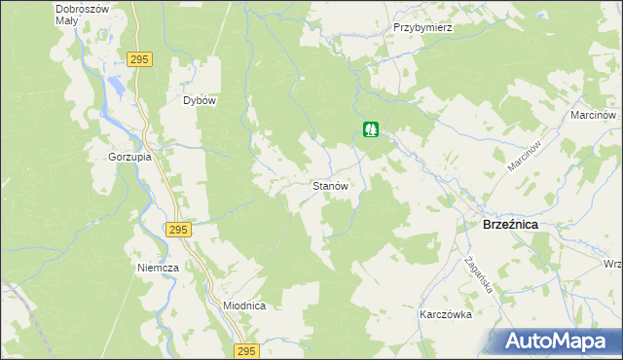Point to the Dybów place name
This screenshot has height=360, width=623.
pos(199,100)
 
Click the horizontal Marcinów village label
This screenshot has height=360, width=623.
pos(595,115)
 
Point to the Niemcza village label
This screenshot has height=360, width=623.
pos(158,268)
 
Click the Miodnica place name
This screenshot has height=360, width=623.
pos(244,306)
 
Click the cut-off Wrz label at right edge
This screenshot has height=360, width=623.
pos(612,265)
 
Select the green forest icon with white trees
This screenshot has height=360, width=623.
pos(371,129)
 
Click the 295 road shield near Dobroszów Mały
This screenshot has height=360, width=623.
pos(139,59)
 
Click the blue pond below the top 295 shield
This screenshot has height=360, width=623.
pos(118,85)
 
